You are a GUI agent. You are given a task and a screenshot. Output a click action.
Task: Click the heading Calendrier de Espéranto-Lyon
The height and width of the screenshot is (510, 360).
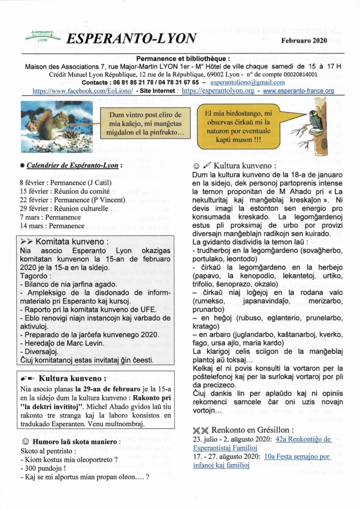69,165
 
